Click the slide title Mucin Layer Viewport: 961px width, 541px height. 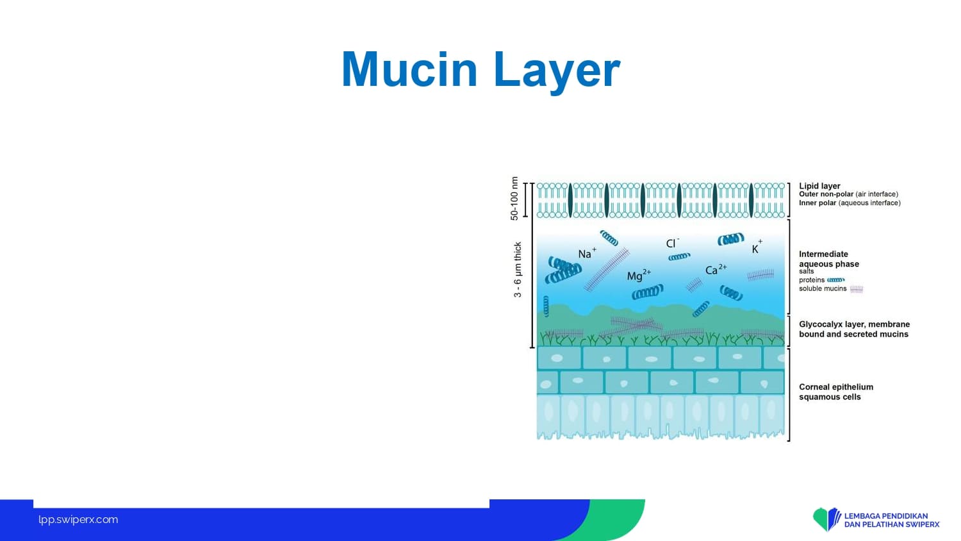(481, 70)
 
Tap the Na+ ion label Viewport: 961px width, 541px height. (587, 253)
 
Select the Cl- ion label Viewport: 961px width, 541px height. (672, 242)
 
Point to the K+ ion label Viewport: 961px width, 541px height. (757, 247)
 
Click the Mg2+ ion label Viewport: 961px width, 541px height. (639, 275)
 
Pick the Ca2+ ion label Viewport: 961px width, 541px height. (716, 269)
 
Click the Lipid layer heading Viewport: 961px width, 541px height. (819, 185)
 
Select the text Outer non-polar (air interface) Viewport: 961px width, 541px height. (848, 194)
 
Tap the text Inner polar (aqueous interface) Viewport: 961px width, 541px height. (850, 203)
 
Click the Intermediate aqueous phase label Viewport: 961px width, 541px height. (829, 259)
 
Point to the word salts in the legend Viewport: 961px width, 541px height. (806, 271)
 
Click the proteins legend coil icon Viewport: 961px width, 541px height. (835, 280)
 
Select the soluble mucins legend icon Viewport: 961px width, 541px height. (857, 289)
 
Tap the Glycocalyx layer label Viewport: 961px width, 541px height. (854, 329)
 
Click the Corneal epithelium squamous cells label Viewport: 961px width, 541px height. (835, 392)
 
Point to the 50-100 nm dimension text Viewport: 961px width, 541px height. (514, 198)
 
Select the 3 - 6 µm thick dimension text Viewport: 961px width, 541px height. (518, 270)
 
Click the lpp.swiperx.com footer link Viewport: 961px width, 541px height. (78, 520)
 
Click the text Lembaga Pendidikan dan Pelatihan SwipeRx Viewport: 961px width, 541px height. (892, 520)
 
